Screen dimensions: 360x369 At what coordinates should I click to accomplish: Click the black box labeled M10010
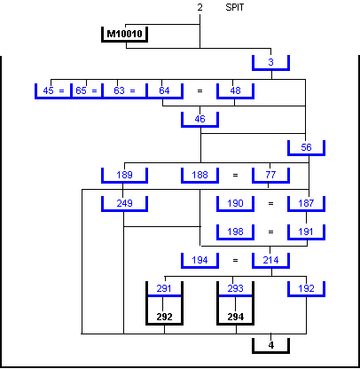(x=124, y=35)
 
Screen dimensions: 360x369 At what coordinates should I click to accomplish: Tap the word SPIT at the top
(x=235, y=7)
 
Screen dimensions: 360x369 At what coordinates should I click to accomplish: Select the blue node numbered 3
(x=270, y=62)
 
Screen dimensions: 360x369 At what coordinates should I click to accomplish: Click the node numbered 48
(x=235, y=90)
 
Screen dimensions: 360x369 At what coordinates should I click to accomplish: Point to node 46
(x=200, y=119)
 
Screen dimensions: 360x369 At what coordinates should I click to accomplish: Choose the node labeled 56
(x=306, y=147)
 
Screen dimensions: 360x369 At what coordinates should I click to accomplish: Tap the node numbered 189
(x=124, y=175)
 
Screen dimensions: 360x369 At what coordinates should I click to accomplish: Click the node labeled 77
(x=270, y=175)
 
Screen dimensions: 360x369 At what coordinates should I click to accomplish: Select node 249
(x=124, y=203)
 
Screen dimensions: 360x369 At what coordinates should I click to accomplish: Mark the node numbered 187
(x=306, y=203)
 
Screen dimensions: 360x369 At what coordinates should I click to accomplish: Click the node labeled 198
(x=235, y=232)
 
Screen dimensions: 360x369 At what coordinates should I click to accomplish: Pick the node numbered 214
(x=270, y=260)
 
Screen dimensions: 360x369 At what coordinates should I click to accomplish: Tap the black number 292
(x=164, y=317)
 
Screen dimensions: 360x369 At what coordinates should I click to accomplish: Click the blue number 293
(x=235, y=288)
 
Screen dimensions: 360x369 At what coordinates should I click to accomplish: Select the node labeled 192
(x=306, y=288)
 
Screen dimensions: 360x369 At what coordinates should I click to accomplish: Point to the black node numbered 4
(x=270, y=345)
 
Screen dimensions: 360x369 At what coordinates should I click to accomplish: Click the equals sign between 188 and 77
(x=235, y=176)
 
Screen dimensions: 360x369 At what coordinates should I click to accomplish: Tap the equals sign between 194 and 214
(x=235, y=261)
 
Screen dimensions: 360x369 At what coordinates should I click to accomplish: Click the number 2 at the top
(x=200, y=7)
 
